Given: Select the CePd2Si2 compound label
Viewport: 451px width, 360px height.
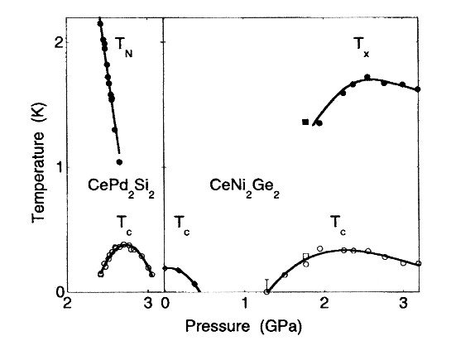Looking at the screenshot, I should point(121,187).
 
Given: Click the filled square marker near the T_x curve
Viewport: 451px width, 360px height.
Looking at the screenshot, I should point(306,122).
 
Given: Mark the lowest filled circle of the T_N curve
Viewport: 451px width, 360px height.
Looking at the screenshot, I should point(119,162).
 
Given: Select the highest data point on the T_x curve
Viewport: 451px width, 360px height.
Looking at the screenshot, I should point(367,77).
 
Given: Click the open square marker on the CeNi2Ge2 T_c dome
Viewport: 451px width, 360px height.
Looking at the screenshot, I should point(306,257).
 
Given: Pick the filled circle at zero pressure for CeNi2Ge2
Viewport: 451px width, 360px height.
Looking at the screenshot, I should point(165,268).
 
